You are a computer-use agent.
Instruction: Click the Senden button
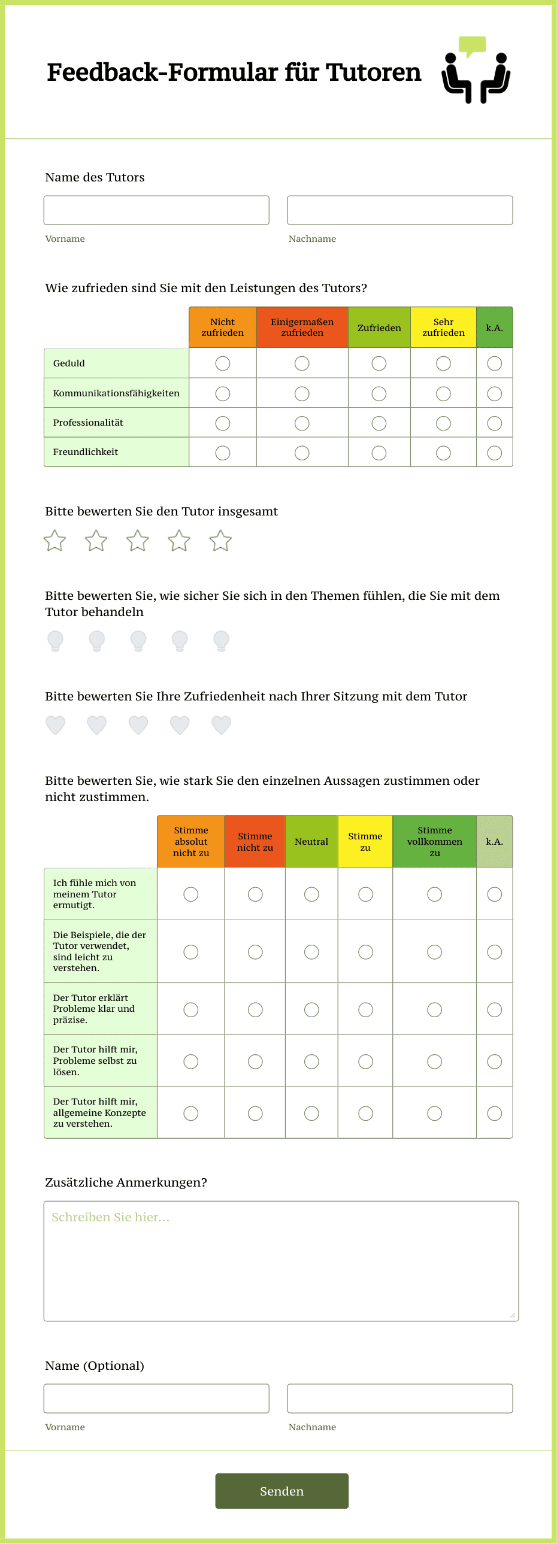tap(282, 1491)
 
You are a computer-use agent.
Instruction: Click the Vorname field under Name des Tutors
tap(156, 210)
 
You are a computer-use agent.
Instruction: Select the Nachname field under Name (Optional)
tap(400, 1399)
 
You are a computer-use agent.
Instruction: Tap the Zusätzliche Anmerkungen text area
tap(281, 1260)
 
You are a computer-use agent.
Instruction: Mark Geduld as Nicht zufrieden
tap(222, 363)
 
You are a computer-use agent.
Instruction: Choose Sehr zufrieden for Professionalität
tap(443, 423)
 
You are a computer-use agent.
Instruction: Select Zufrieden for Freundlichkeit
tap(379, 453)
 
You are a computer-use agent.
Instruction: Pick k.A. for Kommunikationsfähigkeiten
tap(494, 394)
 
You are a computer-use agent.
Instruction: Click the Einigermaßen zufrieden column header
tap(302, 327)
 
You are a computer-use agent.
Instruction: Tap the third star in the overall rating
tap(138, 541)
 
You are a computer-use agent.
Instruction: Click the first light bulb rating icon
tap(55, 640)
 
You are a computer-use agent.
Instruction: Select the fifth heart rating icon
tap(221, 724)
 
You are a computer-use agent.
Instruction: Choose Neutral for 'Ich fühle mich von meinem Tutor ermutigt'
tap(311, 894)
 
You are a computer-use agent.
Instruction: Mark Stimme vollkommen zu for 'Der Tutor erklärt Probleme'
tap(434, 1010)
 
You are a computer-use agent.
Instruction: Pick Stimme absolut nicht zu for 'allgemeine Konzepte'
tap(190, 1113)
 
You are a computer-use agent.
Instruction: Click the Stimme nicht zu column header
tap(255, 842)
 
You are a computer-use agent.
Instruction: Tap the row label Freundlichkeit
tap(86, 452)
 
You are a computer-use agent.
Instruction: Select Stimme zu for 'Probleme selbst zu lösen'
tap(365, 1061)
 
